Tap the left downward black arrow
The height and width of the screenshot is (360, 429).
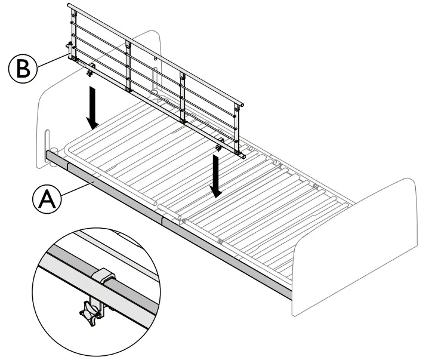[x=92, y=107]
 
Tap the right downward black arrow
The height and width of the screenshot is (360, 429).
[x=217, y=176]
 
